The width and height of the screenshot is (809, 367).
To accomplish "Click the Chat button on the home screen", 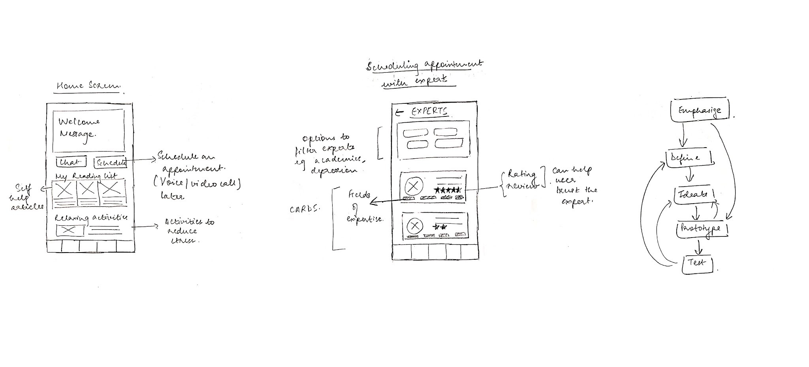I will (71, 162).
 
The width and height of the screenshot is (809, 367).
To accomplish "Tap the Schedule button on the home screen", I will (110, 162).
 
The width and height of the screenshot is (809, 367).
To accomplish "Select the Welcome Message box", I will (88, 130).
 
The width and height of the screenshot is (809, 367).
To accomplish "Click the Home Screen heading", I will (88, 86).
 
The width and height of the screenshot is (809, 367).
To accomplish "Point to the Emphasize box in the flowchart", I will (700, 110).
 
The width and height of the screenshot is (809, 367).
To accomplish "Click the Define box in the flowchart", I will (689, 158).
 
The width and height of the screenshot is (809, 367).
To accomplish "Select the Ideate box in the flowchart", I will (694, 195).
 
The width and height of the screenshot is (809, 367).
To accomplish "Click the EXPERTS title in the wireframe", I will (429, 111).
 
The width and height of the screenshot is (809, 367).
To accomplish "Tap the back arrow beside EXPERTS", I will (399, 113).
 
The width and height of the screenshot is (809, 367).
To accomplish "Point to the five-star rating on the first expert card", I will (448, 190).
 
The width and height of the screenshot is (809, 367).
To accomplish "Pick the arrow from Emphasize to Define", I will (683, 136).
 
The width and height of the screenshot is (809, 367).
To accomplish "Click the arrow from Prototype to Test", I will (699, 247).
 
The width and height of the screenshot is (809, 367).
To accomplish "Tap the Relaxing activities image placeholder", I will (70, 230).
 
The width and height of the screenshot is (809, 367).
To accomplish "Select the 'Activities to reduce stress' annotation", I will (188, 230).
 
